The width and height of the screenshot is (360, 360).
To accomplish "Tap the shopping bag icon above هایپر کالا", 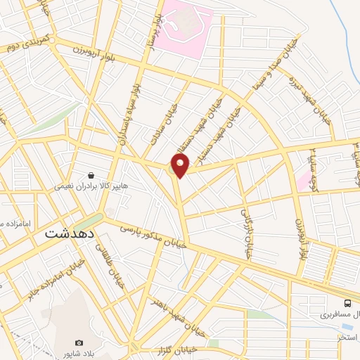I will (x=91, y=175).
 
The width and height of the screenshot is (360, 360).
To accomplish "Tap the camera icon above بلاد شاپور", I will (x=79, y=342).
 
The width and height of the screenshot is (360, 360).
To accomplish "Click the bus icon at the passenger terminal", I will (x=347, y=303).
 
